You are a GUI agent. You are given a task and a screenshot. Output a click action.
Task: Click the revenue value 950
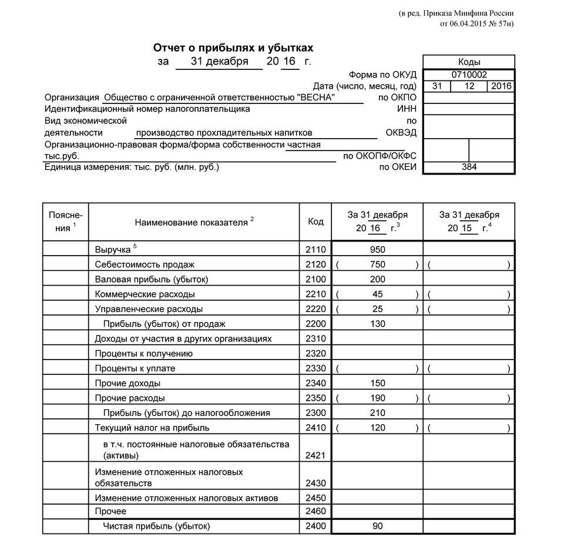coord(377,249)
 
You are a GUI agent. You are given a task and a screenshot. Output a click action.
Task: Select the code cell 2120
coord(315,264)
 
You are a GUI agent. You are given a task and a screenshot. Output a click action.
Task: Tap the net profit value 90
coord(377,526)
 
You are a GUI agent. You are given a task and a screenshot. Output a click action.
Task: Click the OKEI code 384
coord(469,167)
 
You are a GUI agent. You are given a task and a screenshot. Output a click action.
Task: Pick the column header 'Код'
coord(315,221)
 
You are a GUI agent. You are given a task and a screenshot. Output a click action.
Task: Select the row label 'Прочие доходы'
coord(127,383)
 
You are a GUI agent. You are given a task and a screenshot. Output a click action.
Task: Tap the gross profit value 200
coord(377,279)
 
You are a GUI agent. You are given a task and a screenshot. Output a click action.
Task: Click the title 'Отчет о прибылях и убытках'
coord(233,48)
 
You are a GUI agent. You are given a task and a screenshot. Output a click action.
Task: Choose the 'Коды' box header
coord(469,62)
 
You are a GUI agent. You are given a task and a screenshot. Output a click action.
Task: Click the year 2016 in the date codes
coord(501,86)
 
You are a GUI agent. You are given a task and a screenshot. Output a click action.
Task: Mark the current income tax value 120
coord(377,428)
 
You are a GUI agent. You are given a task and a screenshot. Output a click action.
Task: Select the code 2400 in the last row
coord(315,526)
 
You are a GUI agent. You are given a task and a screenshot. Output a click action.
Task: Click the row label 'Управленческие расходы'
coord(149,309)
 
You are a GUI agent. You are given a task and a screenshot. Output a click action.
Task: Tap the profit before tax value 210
coord(377,413)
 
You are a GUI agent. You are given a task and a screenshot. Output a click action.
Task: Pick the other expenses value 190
coord(377,398)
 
